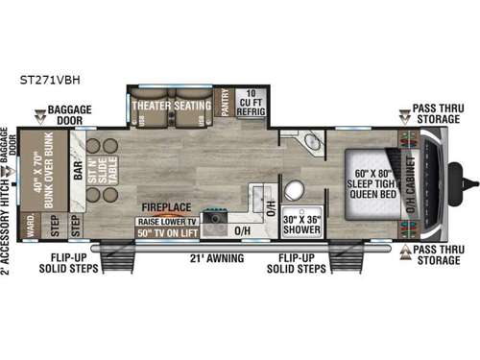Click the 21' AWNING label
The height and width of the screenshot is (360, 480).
coord(216,258)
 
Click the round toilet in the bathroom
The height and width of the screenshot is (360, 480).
coord(294,189)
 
